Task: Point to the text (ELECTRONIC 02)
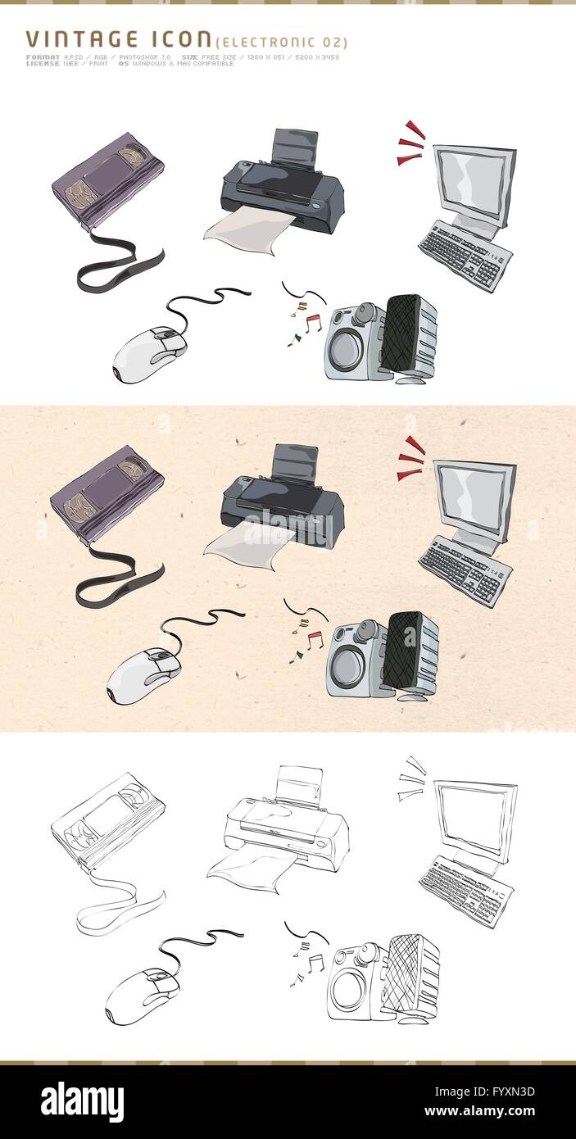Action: tap(281, 43)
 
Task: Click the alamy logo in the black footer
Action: tap(82, 1100)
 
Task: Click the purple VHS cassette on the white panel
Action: tap(107, 179)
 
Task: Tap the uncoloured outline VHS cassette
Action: tap(107, 819)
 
